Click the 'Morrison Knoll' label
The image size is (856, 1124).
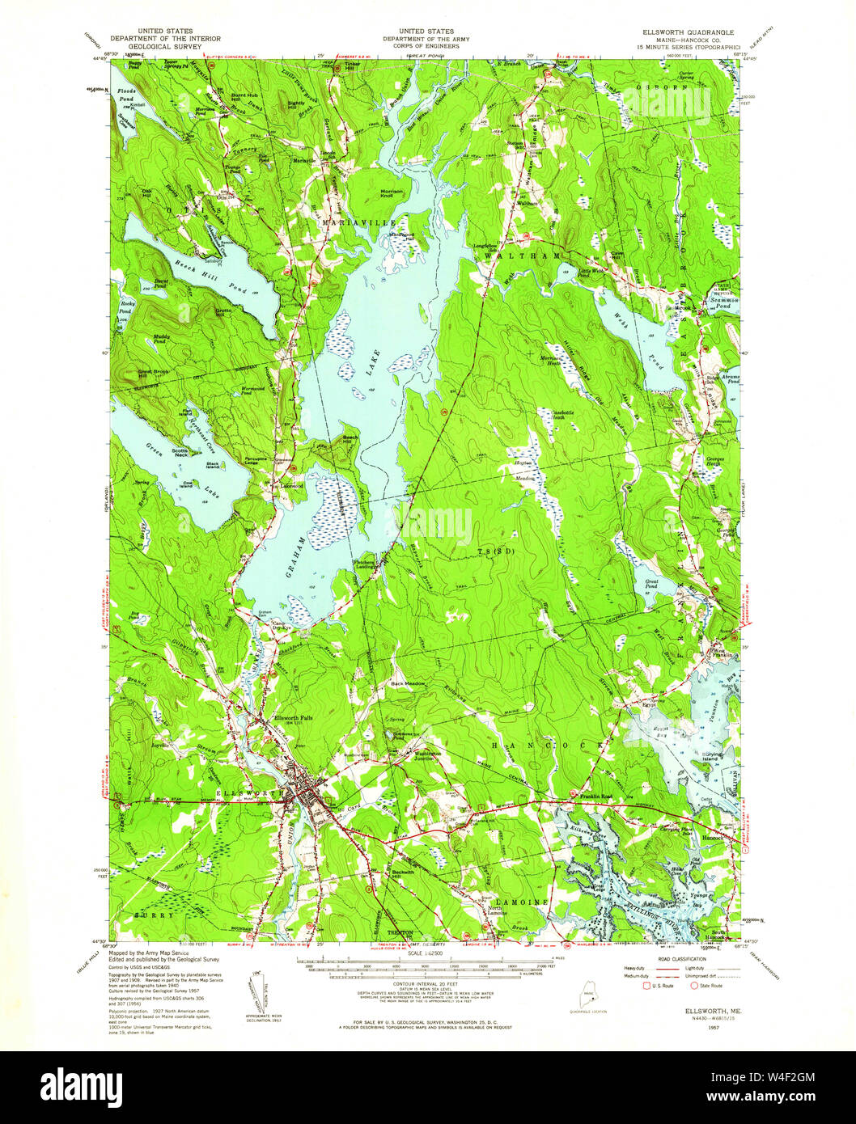[397, 193]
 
